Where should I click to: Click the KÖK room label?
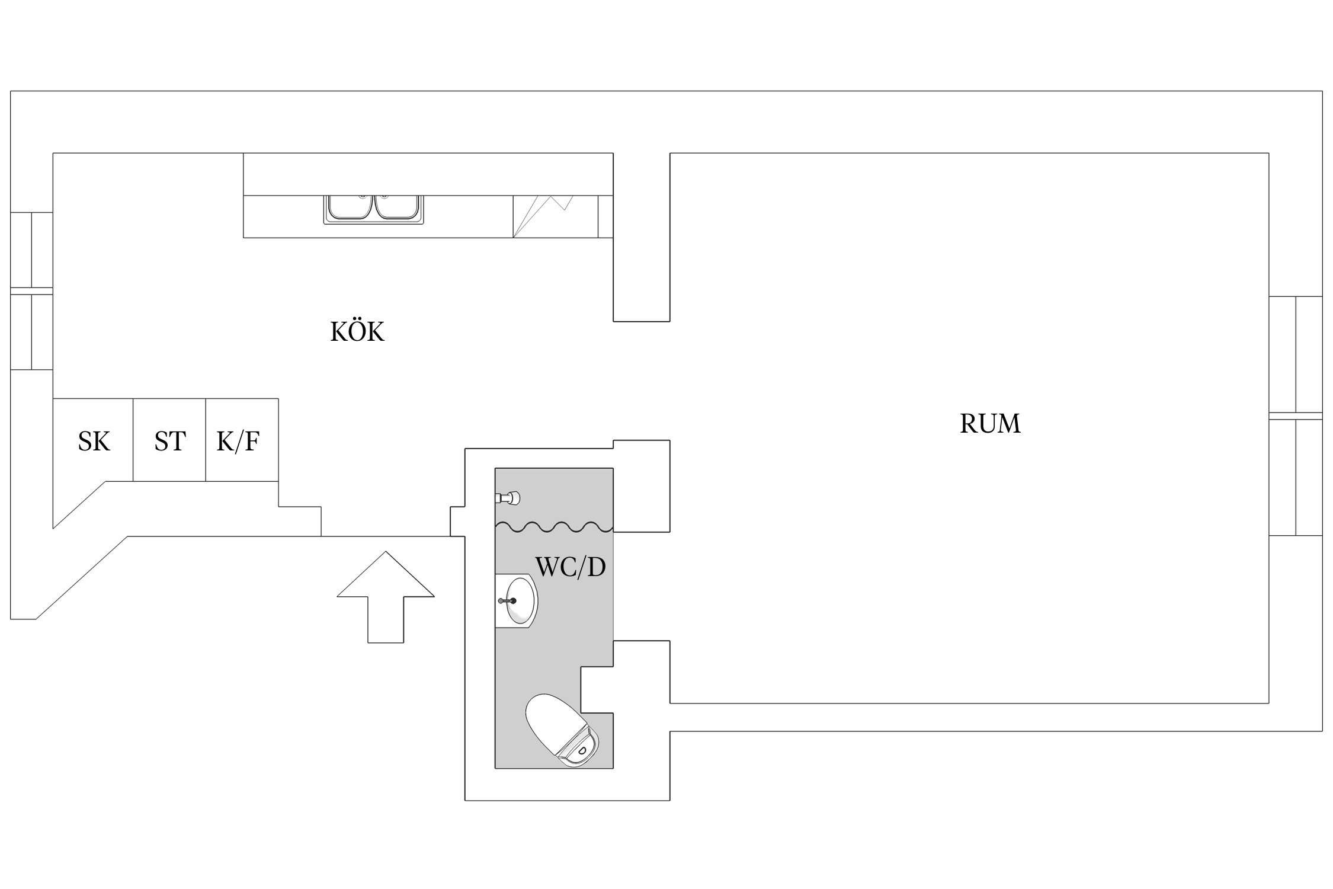(x=357, y=332)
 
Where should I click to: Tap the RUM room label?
(x=990, y=424)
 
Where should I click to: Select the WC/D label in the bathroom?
(x=571, y=567)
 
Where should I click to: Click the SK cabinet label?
(x=94, y=442)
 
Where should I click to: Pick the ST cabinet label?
(x=170, y=442)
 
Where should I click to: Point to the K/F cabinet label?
(x=238, y=442)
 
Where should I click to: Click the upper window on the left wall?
(x=31, y=250)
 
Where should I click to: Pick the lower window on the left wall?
(x=31, y=332)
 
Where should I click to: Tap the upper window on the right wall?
(x=1295, y=354)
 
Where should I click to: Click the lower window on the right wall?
(x=1295, y=477)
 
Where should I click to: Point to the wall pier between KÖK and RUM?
(x=641, y=237)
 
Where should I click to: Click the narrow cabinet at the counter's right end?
(x=605, y=216)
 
